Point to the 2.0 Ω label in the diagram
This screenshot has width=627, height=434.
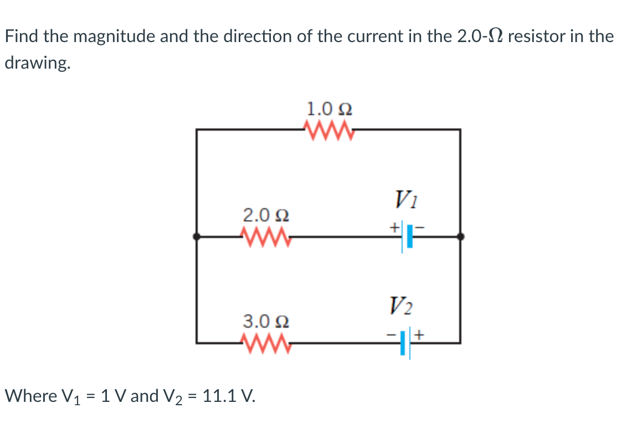(x=266, y=214)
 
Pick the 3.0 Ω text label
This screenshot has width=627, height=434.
(x=266, y=321)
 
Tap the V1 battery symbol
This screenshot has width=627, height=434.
(x=406, y=237)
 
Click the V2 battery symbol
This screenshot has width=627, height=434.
(x=406, y=343)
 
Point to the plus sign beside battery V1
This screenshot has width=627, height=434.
(x=394, y=227)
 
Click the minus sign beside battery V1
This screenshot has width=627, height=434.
(x=420, y=227)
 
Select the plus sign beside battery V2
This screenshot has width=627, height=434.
(x=420, y=334)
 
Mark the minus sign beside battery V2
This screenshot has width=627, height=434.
(x=392, y=334)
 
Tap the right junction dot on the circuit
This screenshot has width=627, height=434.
(x=460, y=237)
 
